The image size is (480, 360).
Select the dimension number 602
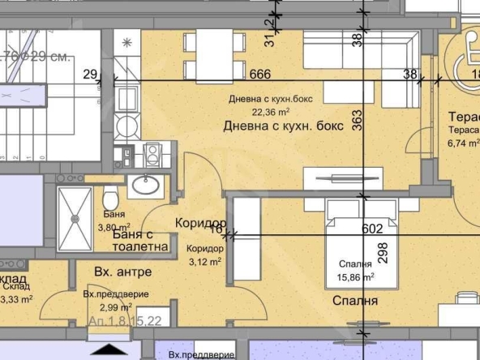point(371,229)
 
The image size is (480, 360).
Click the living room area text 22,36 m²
point(271,113)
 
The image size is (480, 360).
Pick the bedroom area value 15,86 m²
point(356,277)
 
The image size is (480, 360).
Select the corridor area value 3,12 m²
point(204,261)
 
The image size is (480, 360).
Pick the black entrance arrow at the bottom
point(109,350)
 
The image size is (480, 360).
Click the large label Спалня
point(354,302)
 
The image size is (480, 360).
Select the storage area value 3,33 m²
point(16,298)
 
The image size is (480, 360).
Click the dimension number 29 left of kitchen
point(89,75)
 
